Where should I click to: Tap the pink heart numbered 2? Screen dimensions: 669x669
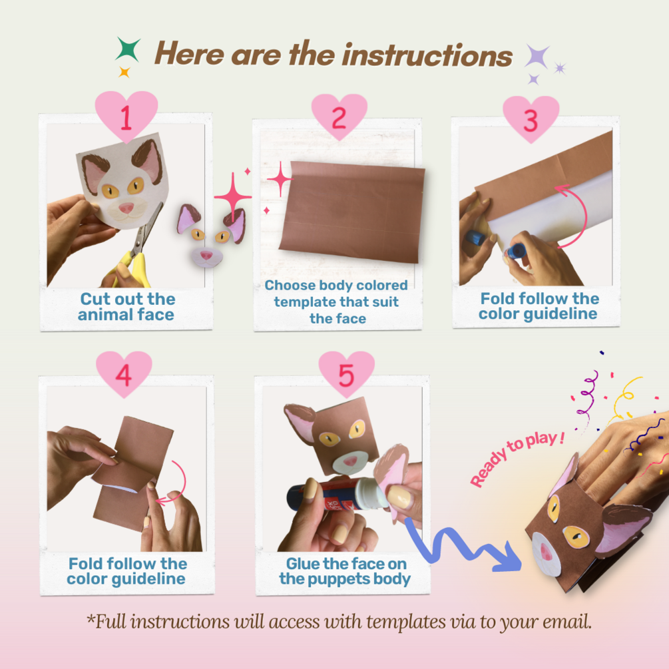coord(339,116)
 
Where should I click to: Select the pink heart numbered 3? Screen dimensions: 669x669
coord(531,118)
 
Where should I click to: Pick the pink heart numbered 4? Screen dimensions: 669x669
coord(124,373)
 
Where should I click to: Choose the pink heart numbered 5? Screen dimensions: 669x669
coord(346,373)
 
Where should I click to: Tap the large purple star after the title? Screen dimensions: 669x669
coord(537,56)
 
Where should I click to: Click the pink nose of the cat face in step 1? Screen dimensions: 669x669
coord(126,208)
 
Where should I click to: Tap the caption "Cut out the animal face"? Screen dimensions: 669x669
coord(126,307)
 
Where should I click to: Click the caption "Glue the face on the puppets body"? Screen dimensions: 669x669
coord(345,571)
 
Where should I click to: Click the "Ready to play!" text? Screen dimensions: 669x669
coord(517,458)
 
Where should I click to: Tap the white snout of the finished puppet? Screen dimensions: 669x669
coord(545,554)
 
